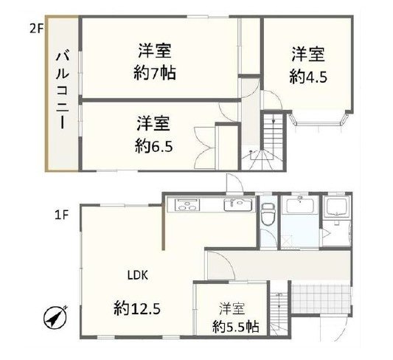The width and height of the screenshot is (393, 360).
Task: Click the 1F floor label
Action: [61, 215]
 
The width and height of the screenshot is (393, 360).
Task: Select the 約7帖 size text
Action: [154, 75]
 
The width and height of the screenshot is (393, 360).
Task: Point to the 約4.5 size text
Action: [307, 75]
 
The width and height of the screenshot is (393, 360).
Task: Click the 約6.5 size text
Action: [153, 145]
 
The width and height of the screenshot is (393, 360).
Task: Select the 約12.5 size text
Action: [137, 306]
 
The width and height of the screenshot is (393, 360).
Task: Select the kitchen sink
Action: [235, 204]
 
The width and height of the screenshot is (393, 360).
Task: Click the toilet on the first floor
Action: [268, 215]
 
